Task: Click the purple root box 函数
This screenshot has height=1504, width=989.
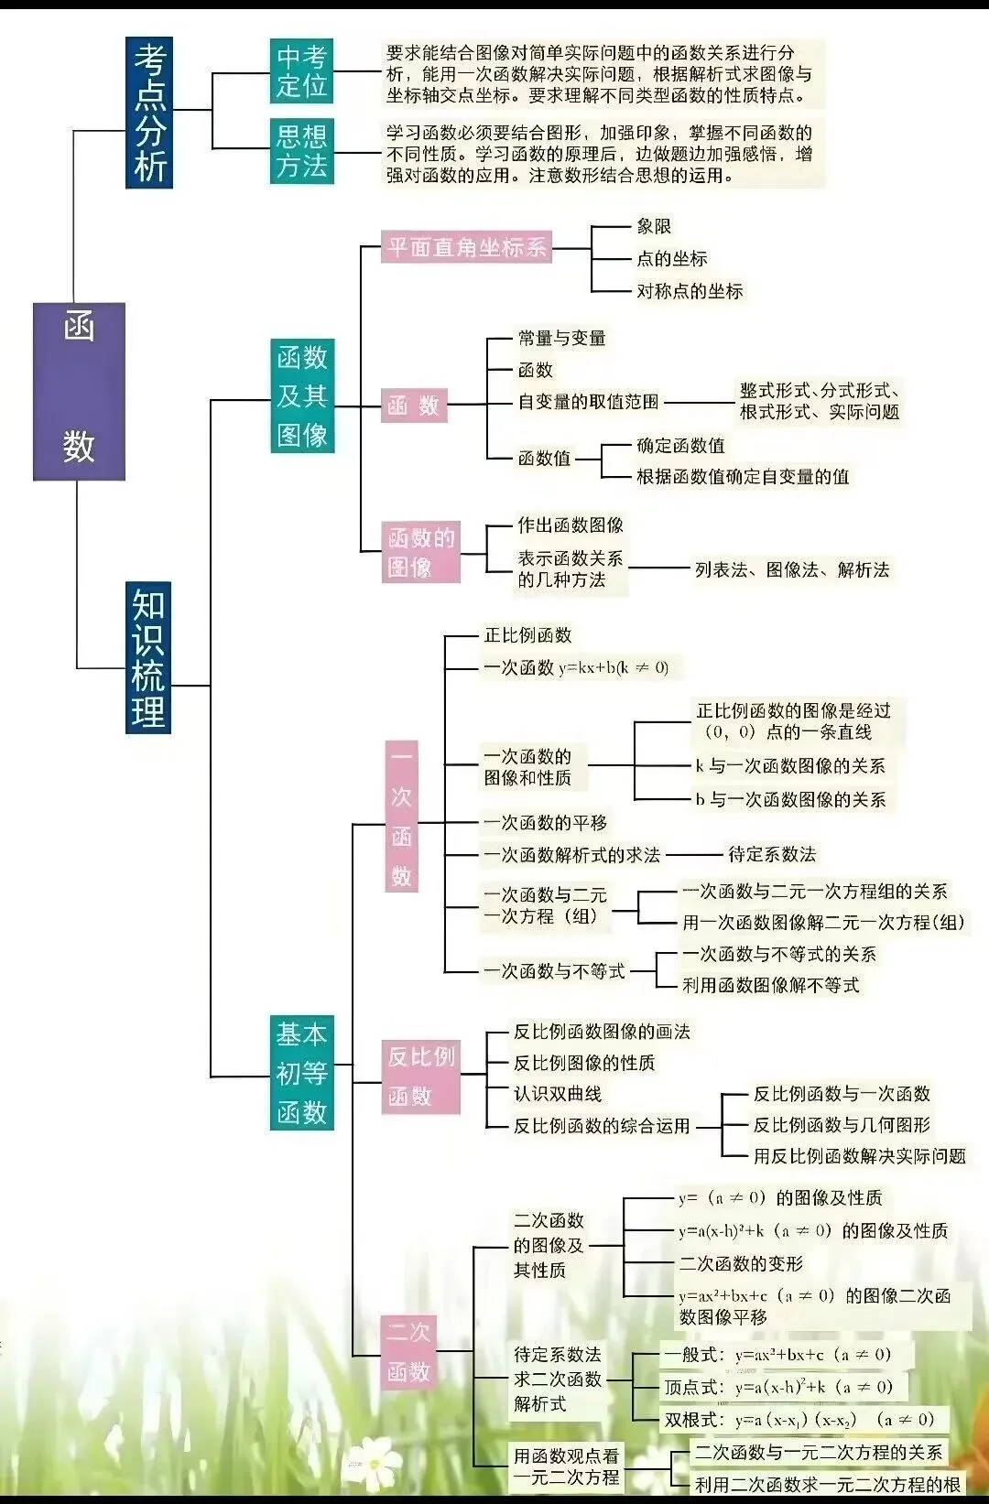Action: [79, 391]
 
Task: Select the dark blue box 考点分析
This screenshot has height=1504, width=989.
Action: [149, 113]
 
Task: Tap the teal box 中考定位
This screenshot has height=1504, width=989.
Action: [301, 71]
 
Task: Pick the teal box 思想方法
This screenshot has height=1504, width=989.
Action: [301, 151]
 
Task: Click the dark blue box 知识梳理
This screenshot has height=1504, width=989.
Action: [148, 659]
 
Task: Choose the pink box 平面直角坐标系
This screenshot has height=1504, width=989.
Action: [466, 247]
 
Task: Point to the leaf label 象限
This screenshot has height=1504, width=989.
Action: [654, 226]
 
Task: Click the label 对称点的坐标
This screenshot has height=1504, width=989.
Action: [690, 291]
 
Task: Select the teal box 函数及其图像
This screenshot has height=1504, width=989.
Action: [302, 395]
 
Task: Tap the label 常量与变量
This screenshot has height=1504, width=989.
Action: [561, 338]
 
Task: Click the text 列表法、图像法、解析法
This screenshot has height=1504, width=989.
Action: [792, 569]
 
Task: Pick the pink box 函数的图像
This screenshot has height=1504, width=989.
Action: [420, 552]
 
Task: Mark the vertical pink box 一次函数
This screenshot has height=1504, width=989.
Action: [401, 817]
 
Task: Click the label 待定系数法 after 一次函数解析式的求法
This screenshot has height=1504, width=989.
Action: [771, 854]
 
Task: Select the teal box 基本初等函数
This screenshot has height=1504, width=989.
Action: [301, 1073]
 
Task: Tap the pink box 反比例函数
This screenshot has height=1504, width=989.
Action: [420, 1077]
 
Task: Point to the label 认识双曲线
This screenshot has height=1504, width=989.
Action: [557, 1094]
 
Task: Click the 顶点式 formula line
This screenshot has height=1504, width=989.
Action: [778, 1387]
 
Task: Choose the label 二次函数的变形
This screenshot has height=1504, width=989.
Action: [740, 1264]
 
